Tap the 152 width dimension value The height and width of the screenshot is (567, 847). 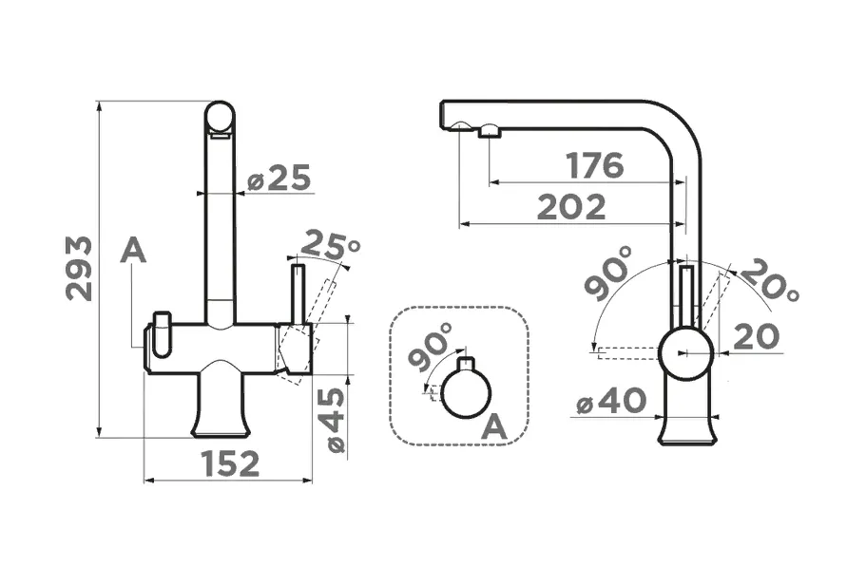pyautogui.click(x=230, y=463)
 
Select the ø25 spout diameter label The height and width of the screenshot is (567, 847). pyautogui.click(x=279, y=178)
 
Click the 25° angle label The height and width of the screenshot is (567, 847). pyautogui.click(x=330, y=244)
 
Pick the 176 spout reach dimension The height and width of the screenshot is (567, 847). pyautogui.click(x=595, y=165)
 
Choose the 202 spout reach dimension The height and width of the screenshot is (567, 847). pyautogui.click(x=572, y=207)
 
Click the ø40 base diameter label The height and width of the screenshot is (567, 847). pyautogui.click(x=611, y=402)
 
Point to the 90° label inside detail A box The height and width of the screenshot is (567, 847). pyautogui.click(x=431, y=348)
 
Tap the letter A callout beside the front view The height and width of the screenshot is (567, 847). pyautogui.click(x=133, y=251)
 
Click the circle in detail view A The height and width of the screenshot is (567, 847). pyautogui.click(x=468, y=393)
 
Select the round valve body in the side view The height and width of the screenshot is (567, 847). pyautogui.click(x=686, y=353)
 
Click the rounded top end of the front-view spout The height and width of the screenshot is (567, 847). pyautogui.click(x=221, y=117)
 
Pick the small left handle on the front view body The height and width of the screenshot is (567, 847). pyautogui.click(x=162, y=335)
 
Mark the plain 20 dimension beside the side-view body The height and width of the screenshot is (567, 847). pyautogui.click(x=757, y=336)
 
